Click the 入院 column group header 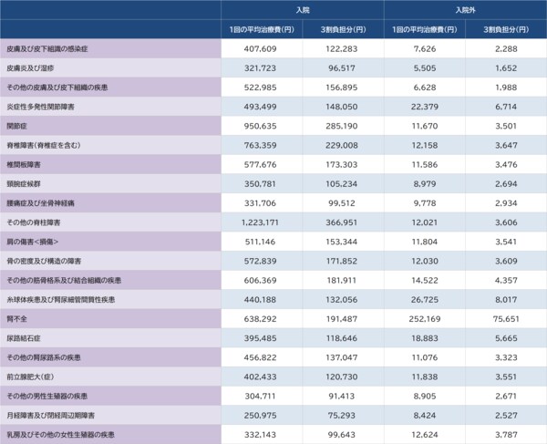(x=302, y=9)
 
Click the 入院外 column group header (x=464, y=9)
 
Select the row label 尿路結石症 (x=25, y=339)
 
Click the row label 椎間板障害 (x=23, y=165)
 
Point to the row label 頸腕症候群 (x=23, y=184)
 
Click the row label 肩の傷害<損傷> (x=31, y=242)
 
